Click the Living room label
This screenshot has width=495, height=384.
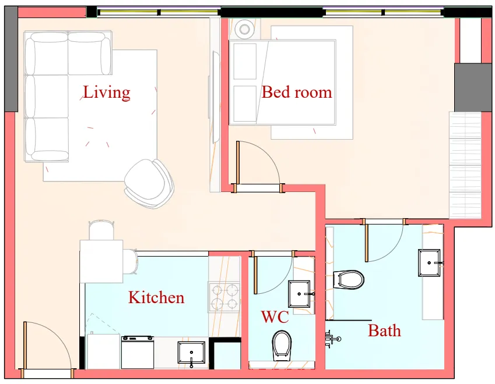[x=106, y=92]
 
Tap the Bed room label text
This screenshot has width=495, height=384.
[x=296, y=92]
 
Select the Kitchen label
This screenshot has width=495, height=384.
[x=156, y=297]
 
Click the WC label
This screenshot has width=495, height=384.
[x=275, y=317]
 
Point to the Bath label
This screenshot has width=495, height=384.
[x=384, y=331]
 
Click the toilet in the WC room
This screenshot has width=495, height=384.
[x=282, y=344]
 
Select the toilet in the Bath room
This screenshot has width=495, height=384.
[x=349, y=279]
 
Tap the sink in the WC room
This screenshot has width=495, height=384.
[x=301, y=294]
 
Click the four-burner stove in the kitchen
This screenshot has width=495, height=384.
[x=224, y=296]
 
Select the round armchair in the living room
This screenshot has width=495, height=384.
[x=149, y=183]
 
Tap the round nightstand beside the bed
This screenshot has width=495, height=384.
[x=244, y=29]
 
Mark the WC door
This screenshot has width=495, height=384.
[x=273, y=273]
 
